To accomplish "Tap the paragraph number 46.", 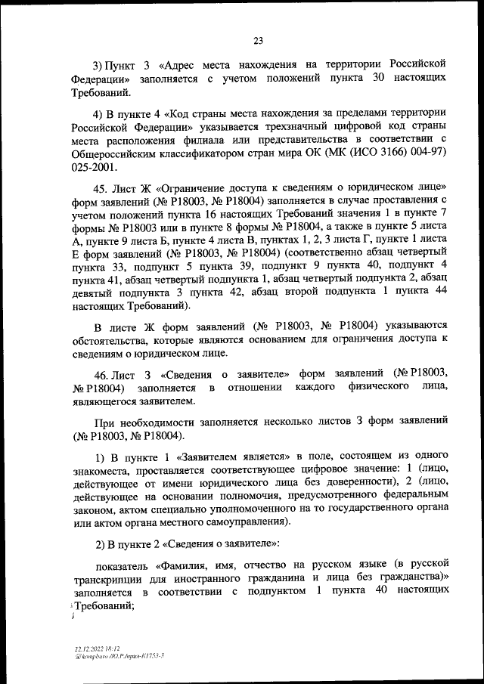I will (x=103, y=373).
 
